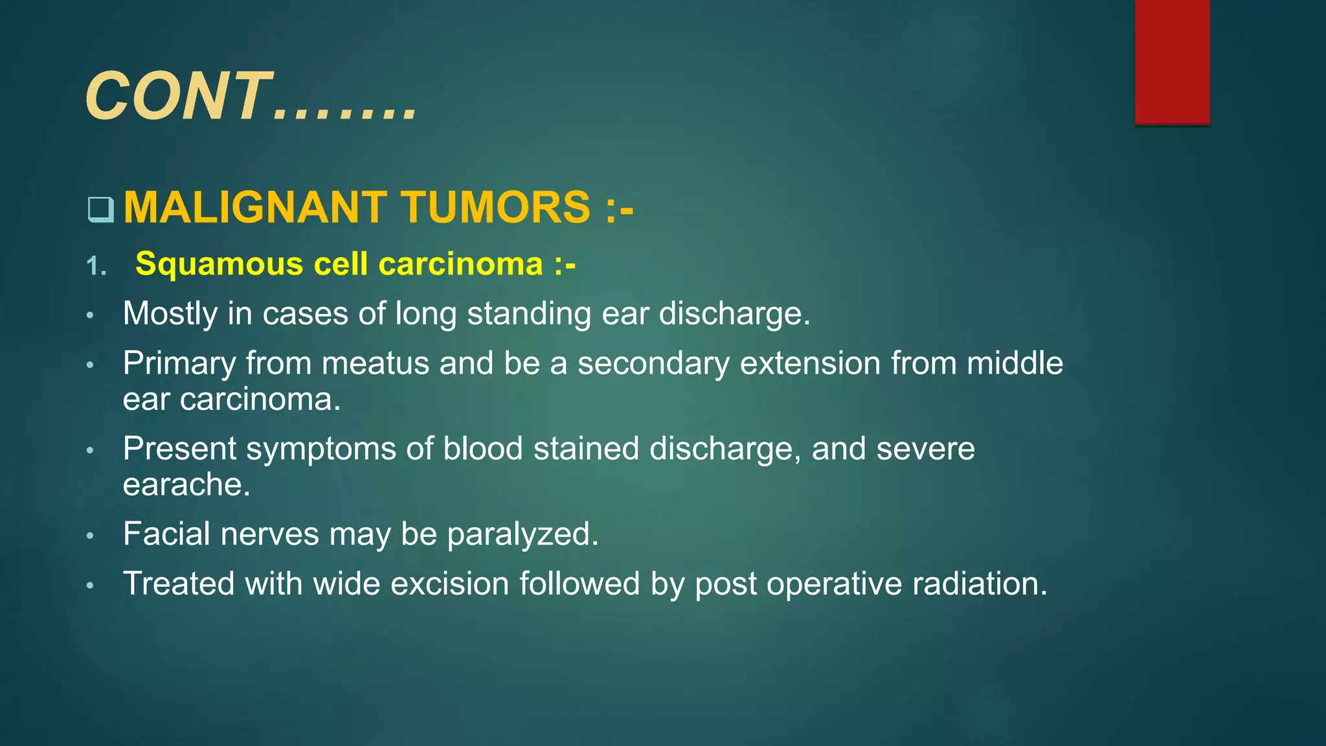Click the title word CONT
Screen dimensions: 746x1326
[178, 97]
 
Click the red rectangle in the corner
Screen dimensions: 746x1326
[1172, 62]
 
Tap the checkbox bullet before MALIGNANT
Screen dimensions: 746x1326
[100, 209]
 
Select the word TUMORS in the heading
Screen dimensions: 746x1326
[495, 207]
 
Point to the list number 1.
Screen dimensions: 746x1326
[96, 266]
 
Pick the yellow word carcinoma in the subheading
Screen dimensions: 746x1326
[460, 264]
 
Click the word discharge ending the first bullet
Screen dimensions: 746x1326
[734, 314]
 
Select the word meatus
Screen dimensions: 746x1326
[375, 363]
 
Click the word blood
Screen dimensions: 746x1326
[482, 449]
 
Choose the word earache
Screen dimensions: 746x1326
[186, 485]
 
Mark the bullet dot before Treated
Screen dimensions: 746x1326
[91, 586]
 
